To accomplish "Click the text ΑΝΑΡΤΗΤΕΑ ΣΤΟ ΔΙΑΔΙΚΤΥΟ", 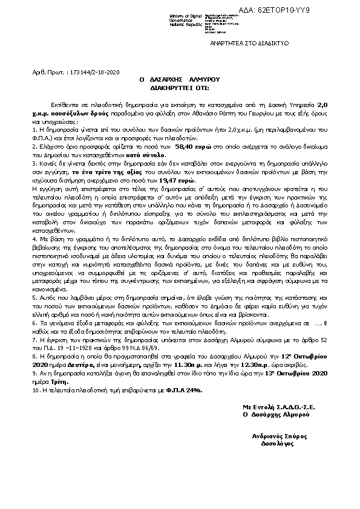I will click(249, 44).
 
